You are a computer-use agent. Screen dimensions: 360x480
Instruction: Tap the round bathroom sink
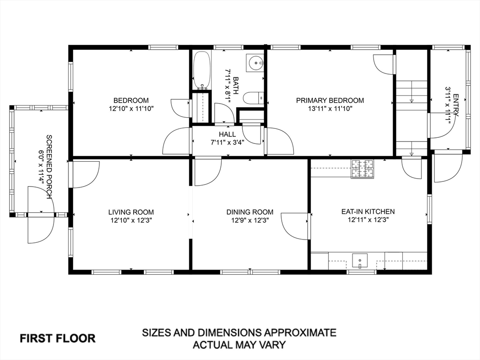point(255,61)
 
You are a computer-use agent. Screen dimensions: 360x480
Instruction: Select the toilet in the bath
point(253,98)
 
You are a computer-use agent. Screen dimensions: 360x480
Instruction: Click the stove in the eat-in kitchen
point(363,169)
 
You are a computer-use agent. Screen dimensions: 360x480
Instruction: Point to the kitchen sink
point(360,260)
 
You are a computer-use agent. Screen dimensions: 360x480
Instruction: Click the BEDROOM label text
point(131,100)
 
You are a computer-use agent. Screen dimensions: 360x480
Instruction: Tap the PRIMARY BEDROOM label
point(330,100)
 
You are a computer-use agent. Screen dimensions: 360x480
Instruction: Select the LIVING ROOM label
point(131,212)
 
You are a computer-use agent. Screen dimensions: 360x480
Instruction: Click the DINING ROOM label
point(250,212)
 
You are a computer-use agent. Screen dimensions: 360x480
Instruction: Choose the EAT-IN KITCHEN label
point(368,211)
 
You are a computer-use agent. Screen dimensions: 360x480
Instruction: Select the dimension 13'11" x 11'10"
point(330,108)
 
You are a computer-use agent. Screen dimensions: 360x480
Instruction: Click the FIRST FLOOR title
point(57,338)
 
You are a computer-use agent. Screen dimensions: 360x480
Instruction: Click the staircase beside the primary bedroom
point(411,117)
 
